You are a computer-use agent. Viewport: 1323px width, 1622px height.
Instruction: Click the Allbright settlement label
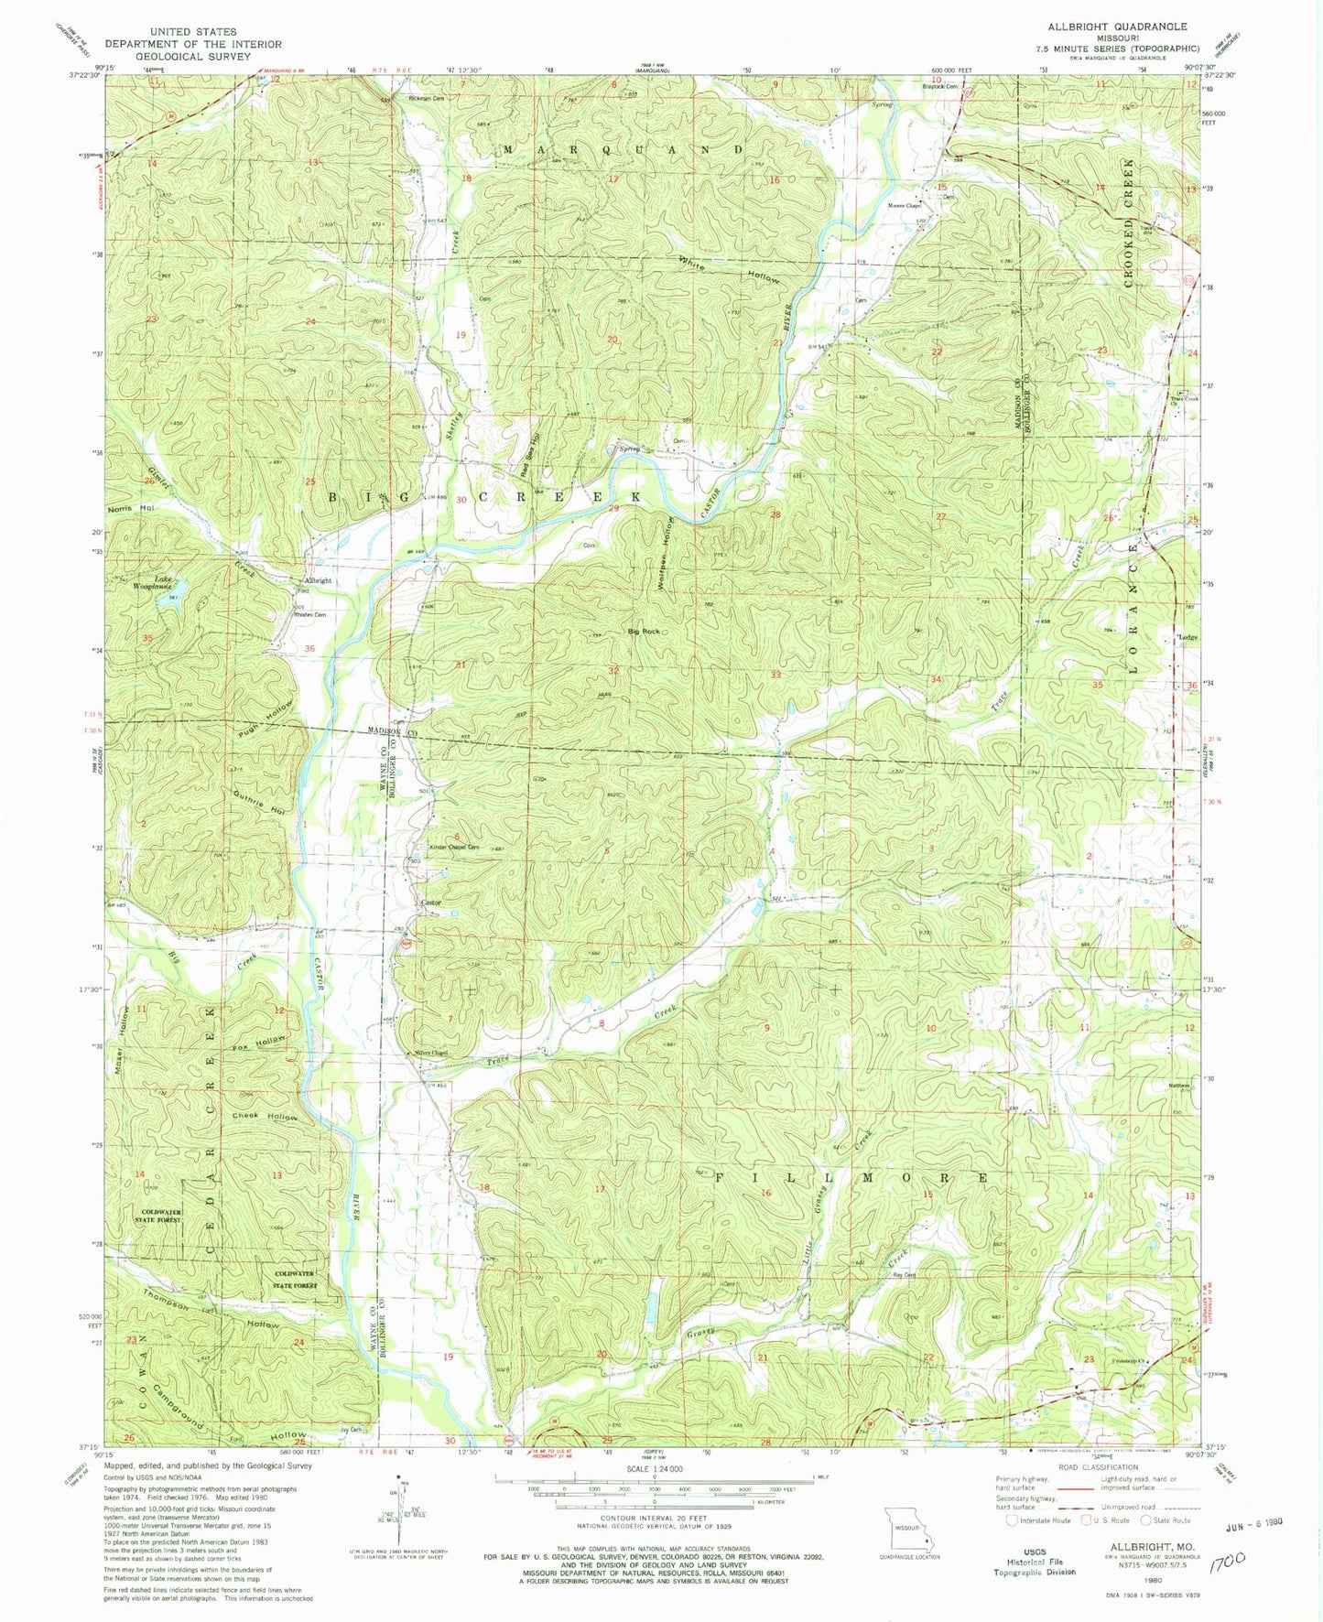(x=318, y=581)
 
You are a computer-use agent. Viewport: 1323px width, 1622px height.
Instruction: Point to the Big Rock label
(x=644, y=632)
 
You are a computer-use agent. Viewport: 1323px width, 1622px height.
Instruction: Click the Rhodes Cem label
(x=309, y=614)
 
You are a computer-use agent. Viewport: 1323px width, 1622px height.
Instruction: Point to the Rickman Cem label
(x=426, y=99)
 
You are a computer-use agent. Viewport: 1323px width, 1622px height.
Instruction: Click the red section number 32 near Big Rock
(x=613, y=671)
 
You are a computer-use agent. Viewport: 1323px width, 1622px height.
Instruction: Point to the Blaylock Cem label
(x=939, y=87)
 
